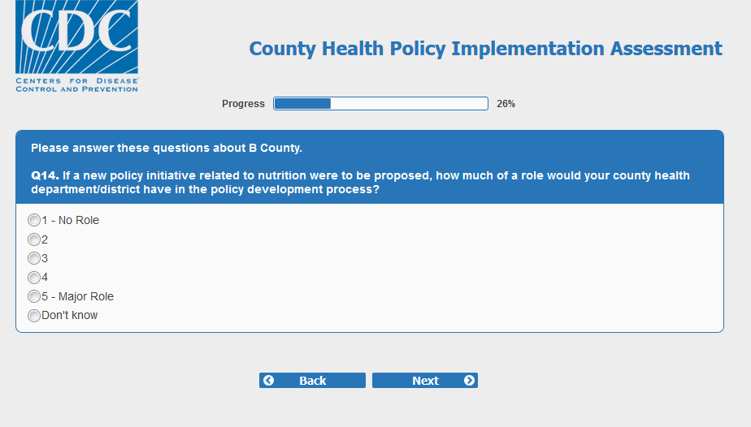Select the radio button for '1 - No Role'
coord(34,220)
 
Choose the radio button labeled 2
coord(34,239)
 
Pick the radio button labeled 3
coord(34,258)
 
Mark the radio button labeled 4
coord(34,278)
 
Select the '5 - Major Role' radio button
coord(34,296)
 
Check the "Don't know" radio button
coord(34,316)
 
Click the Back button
coord(312,381)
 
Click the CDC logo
coord(76,46)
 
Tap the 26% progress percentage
coord(506,104)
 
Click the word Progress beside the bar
coord(243,104)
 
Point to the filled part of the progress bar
coord(302,104)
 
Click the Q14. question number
coord(45,175)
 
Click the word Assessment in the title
coord(666,48)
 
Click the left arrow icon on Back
coord(269,380)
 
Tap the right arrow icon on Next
coord(470,380)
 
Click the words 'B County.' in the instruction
coord(276,149)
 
